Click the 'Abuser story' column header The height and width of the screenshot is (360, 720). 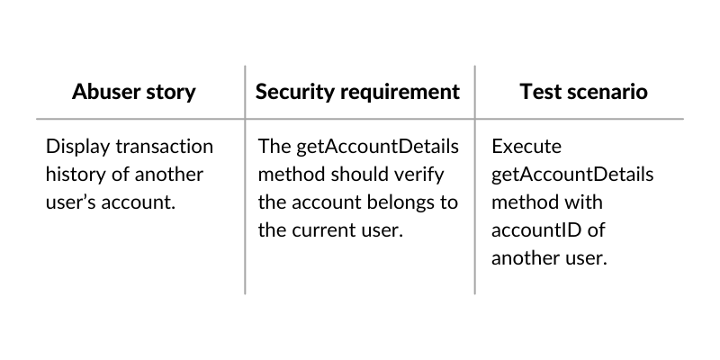click(x=133, y=92)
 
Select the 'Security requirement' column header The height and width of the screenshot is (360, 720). click(x=357, y=92)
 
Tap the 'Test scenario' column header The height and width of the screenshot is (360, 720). click(x=583, y=92)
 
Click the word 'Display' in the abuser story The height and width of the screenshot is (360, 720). click(x=78, y=147)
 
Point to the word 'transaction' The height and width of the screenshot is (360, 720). click(x=165, y=147)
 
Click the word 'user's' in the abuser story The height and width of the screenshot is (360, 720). click(x=71, y=202)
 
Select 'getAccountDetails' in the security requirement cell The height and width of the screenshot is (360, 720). click(x=377, y=147)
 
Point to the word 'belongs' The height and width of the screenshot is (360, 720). click(x=401, y=202)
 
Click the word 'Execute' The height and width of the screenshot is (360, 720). click(x=526, y=147)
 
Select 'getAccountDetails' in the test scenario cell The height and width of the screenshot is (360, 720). click(x=572, y=175)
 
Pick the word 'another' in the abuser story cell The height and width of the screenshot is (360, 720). click(x=169, y=175)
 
